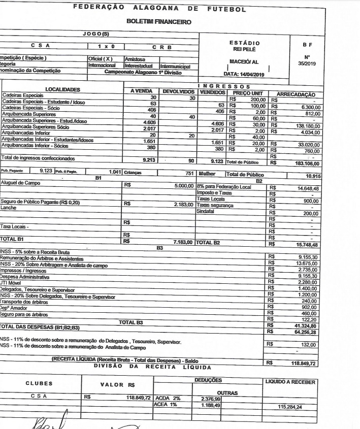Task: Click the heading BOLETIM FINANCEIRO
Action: (x=160, y=22)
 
